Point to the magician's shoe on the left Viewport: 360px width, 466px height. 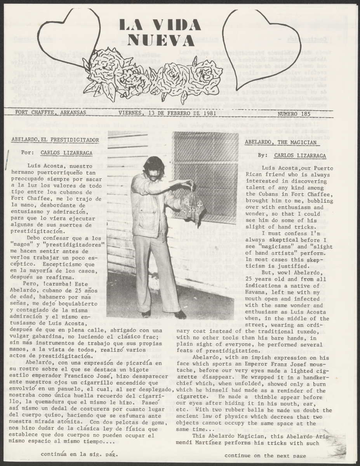[146, 313]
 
